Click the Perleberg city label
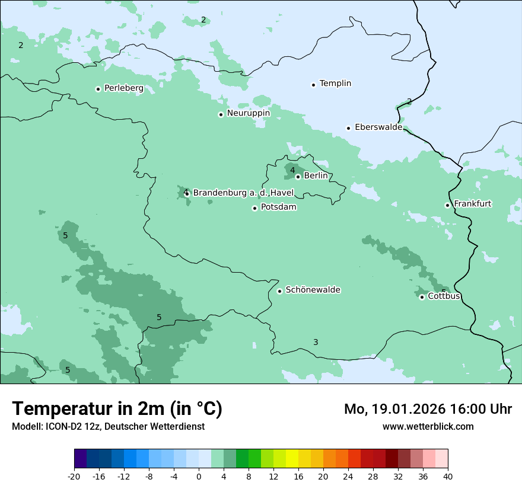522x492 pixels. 123,88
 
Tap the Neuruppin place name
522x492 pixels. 248,113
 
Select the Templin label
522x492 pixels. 335,84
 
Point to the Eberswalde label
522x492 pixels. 378,127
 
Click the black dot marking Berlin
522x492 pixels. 298,177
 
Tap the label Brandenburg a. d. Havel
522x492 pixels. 243,193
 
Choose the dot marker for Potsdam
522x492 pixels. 254,208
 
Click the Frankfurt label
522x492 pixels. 472,204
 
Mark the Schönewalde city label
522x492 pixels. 313,290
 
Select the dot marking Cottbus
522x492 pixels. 422,297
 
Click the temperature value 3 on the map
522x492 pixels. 316,342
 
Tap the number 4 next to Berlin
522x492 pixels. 292,171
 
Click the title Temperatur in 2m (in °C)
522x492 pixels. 117,408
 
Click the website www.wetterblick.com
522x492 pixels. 428,426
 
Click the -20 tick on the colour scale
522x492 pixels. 74,476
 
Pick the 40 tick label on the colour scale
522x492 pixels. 448,476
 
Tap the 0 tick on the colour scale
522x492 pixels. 199,476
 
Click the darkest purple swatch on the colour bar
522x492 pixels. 81,459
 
